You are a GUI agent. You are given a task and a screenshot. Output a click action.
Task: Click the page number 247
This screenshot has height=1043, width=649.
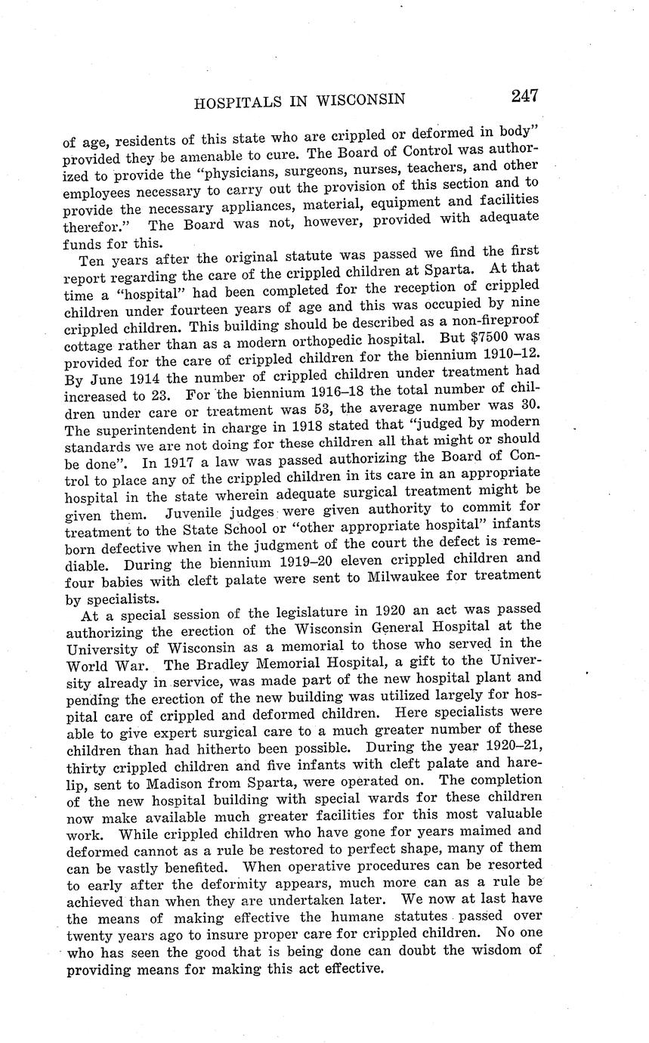click(x=524, y=95)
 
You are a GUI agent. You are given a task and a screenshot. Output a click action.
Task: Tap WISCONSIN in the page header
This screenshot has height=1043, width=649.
click(x=361, y=99)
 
